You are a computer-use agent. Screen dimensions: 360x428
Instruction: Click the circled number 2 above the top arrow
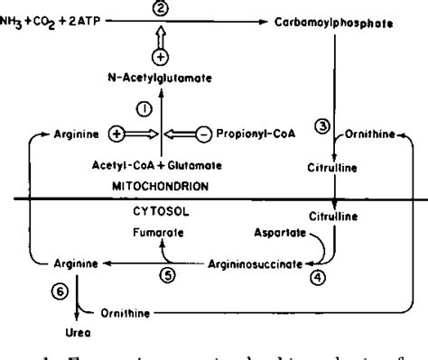pyautogui.click(x=161, y=9)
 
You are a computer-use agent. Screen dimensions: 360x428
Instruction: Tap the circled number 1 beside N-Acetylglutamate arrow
pyautogui.click(x=144, y=109)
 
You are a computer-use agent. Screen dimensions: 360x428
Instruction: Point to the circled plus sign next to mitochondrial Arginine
pyautogui.click(x=116, y=135)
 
